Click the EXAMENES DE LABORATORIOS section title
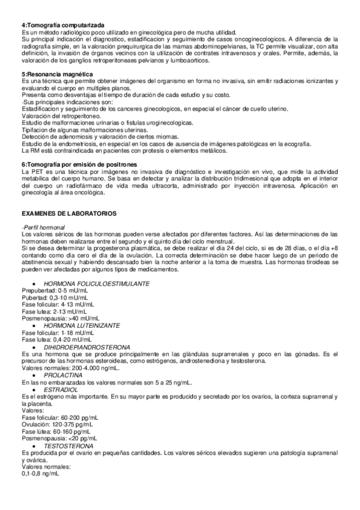click(x=69, y=214)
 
